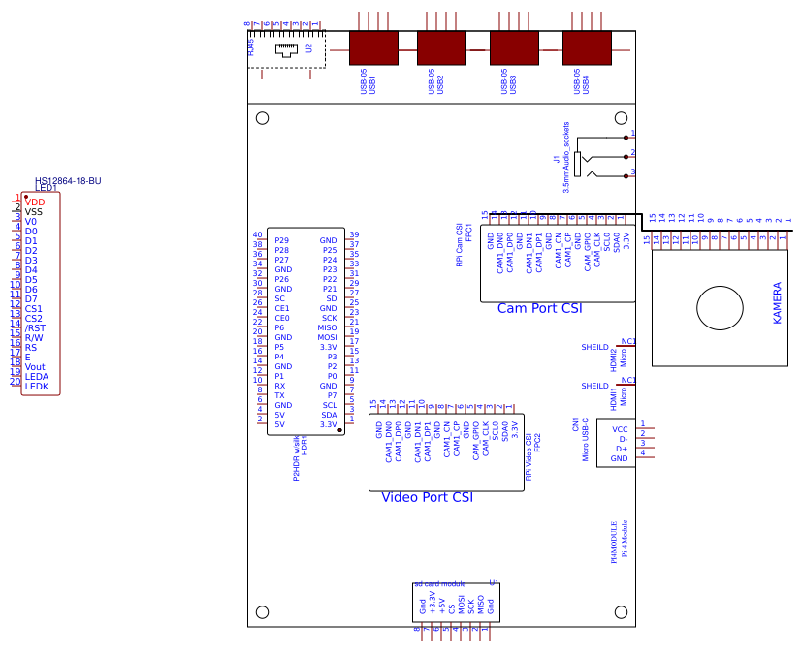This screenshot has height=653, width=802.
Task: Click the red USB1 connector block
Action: coord(373,47)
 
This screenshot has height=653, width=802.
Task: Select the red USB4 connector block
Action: coord(587,47)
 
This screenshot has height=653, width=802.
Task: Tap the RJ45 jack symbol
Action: coord(288,48)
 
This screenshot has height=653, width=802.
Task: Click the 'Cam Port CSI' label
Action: coord(539,308)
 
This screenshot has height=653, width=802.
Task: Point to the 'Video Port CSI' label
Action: coord(427,497)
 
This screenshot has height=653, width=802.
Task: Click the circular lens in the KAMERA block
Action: coord(719,308)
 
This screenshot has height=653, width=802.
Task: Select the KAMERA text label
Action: coord(777,303)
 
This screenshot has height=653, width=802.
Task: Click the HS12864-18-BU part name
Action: coord(68,181)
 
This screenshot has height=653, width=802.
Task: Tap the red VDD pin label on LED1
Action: coord(35,202)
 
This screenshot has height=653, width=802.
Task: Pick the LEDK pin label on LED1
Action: coord(37,386)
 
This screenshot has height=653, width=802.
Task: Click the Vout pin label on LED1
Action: coord(36,366)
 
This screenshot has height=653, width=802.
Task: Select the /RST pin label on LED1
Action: coord(35,327)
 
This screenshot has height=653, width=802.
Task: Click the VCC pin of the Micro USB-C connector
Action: coord(620,428)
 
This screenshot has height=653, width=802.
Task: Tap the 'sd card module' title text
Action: coord(439,584)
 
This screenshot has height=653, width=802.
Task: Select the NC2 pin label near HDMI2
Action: coord(627,341)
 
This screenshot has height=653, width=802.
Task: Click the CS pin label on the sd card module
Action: coord(451,607)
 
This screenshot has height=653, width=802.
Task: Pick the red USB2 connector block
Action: coord(441,47)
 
